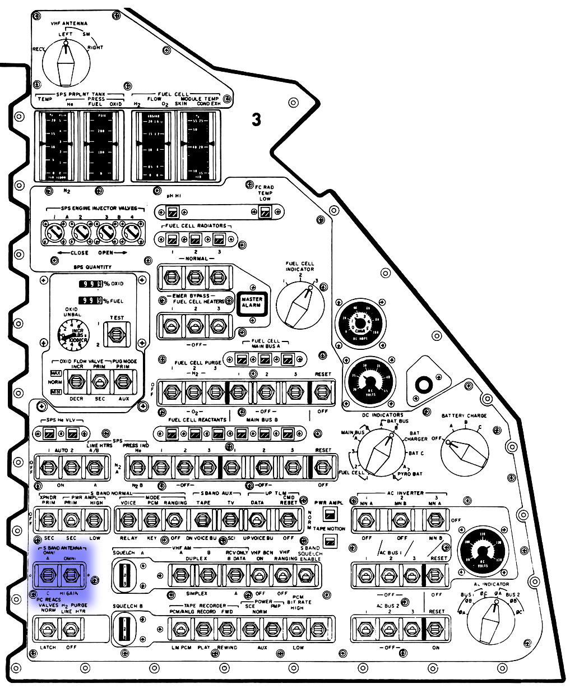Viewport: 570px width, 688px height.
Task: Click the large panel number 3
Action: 256,119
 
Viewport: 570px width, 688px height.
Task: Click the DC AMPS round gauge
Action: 361,324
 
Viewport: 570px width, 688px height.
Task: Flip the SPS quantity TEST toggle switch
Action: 117,335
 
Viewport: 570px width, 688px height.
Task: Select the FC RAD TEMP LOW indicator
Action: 265,212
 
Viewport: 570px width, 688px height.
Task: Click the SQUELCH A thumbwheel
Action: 124,575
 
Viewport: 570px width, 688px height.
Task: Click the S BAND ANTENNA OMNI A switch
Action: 47,574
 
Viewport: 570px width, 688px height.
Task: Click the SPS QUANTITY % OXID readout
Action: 90,284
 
